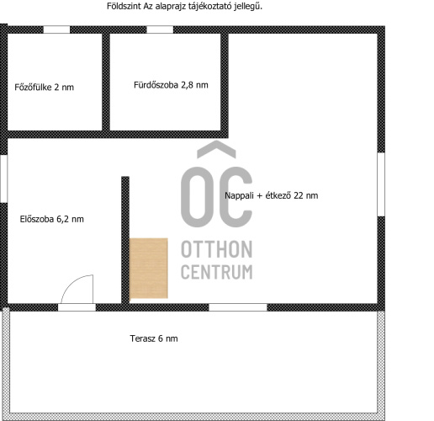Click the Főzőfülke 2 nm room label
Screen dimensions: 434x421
click(x=45, y=87)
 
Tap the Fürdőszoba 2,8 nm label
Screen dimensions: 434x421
click(x=171, y=85)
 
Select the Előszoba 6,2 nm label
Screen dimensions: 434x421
click(x=52, y=219)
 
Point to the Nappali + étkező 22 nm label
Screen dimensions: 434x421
click(x=272, y=195)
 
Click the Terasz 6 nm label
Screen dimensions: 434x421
click(x=154, y=338)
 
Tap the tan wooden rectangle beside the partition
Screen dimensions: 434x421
click(x=149, y=269)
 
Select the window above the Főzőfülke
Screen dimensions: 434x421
click(x=56, y=29)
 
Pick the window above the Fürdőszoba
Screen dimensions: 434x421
click(x=160, y=29)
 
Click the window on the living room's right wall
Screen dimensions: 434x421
click(x=381, y=184)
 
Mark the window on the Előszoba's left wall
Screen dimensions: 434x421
click(x=3, y=179)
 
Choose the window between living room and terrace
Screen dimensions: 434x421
click(x=238, y=307)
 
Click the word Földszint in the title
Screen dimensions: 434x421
click(x=124, y=6)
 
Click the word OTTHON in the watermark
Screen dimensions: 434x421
click(x=217, y=249)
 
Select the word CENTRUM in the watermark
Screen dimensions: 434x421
click(x=217, y=271)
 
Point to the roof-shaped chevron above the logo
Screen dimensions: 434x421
click(x=216, y=149)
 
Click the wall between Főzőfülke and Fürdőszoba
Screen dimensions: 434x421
click(x=106, y=82)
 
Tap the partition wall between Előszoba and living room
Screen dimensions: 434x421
click(x=125, y=240)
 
